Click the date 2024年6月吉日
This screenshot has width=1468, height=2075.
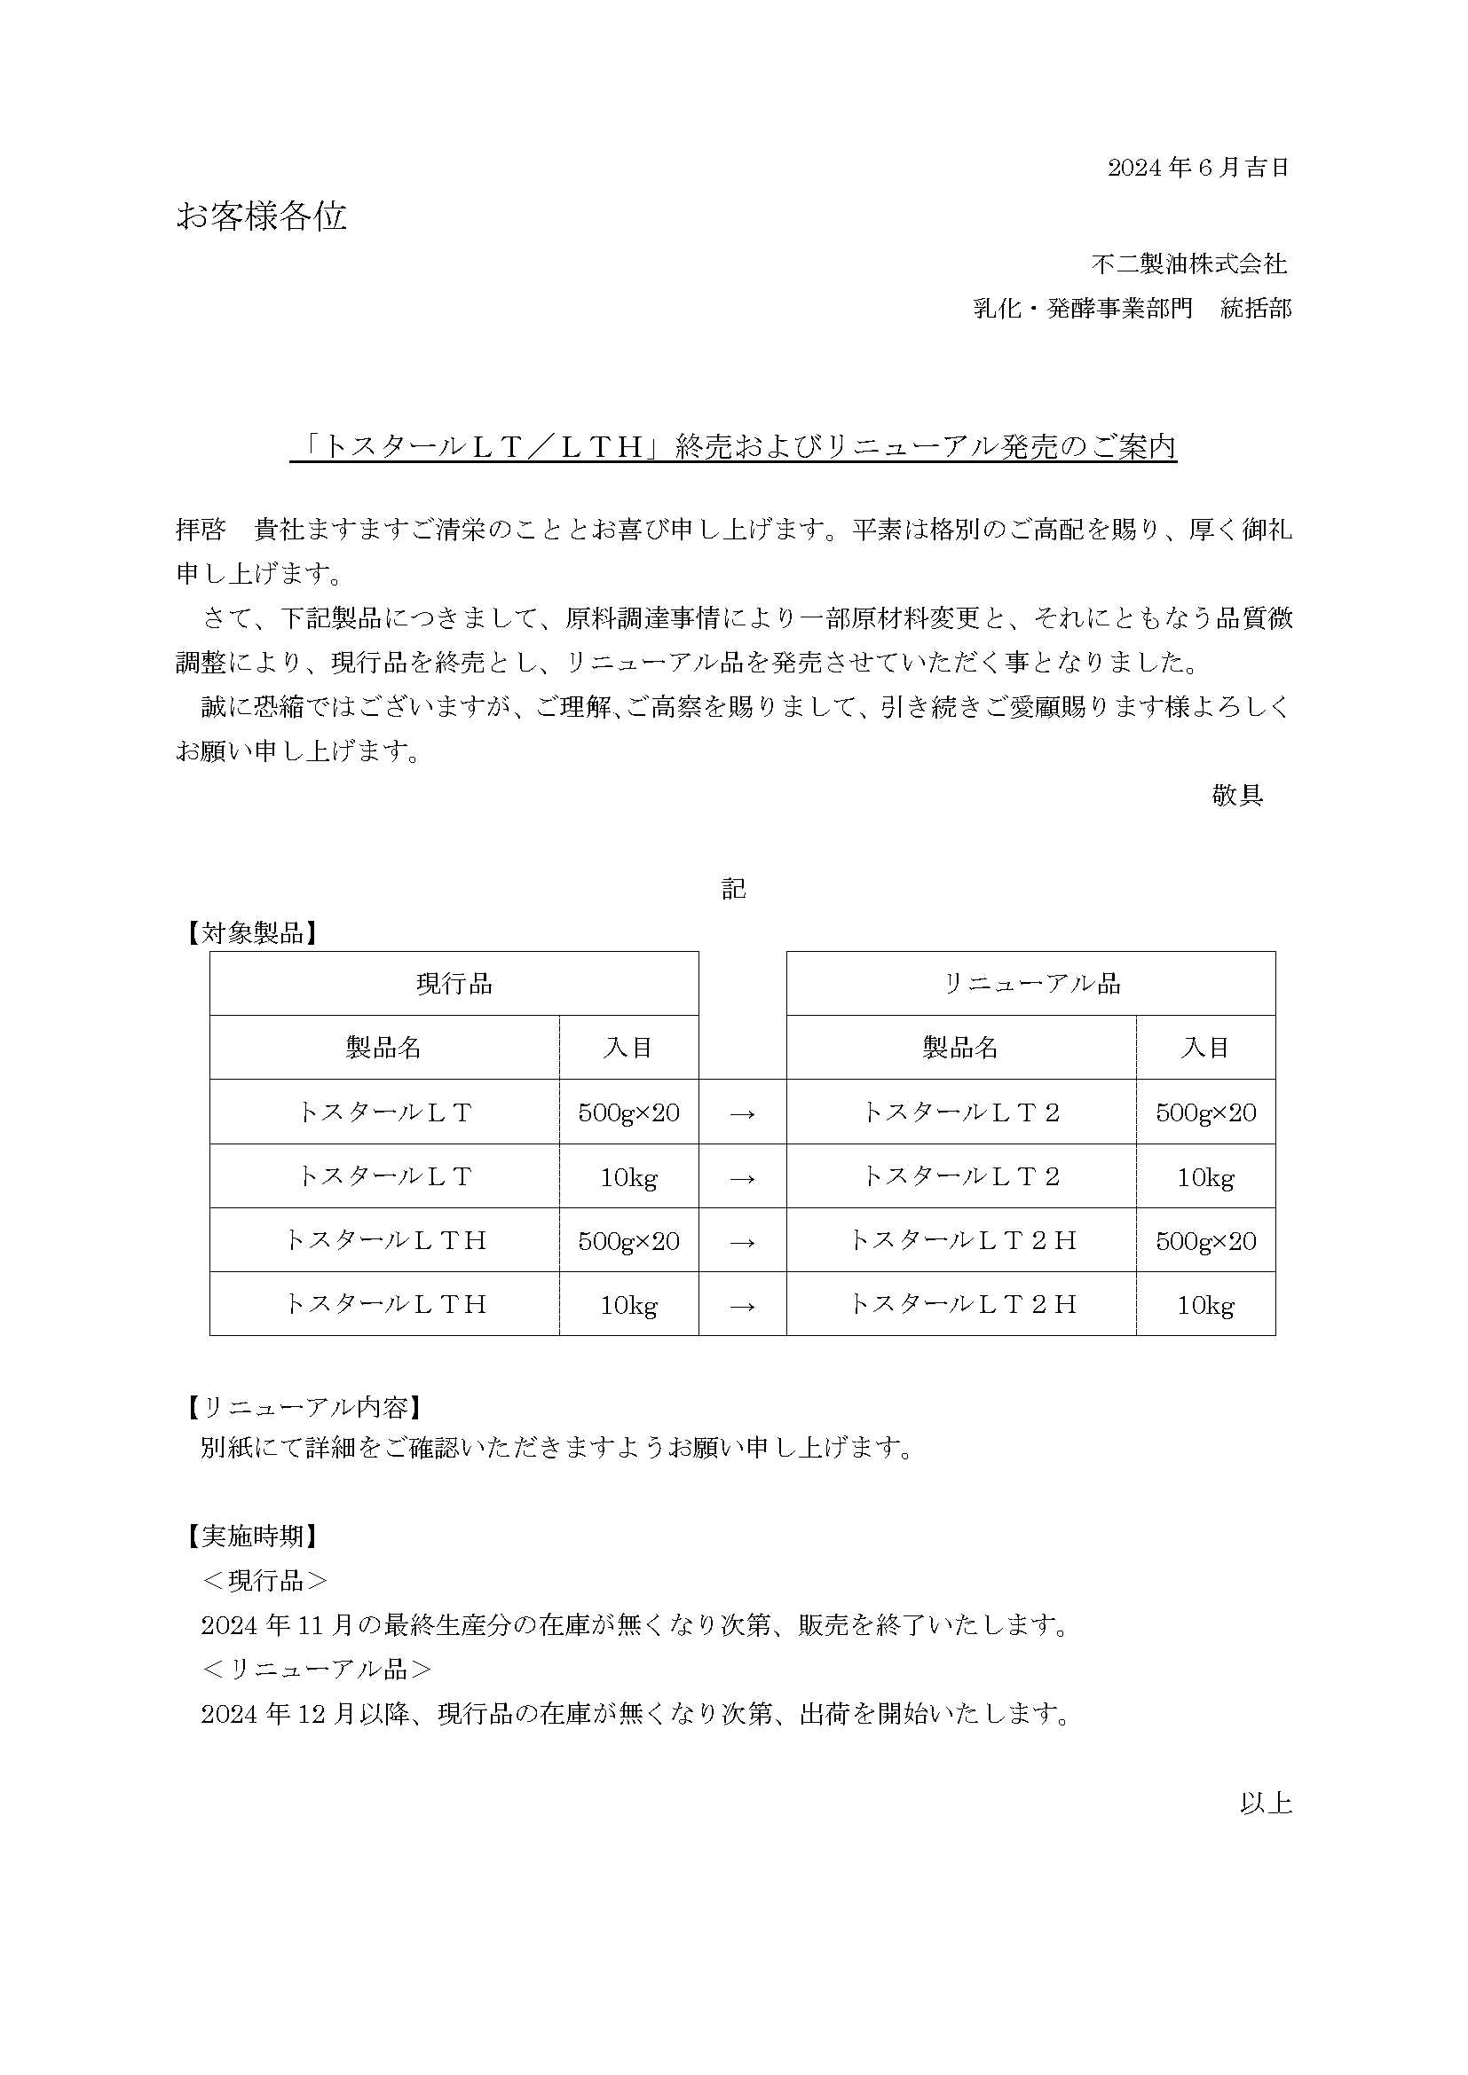click(1197, 167)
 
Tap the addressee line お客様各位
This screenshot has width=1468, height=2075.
click(261, 216)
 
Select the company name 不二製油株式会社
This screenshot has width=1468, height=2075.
click(1188, 263)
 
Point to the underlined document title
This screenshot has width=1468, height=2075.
click(733, 447)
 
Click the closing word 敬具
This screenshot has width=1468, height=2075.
click(1236, 795)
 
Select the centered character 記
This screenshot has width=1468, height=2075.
click(733, 889)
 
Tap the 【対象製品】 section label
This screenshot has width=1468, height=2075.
click(252, 933)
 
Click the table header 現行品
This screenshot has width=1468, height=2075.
click(454, 983)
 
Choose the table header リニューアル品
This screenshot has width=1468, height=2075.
click(1030, 983)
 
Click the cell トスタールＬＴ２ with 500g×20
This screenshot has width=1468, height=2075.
click(961, 1112)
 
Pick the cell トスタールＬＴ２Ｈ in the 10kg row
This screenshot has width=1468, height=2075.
click(961, 1304)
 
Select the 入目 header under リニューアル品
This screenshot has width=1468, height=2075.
click(1205, 1048)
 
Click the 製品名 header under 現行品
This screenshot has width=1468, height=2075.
click(384, 1048)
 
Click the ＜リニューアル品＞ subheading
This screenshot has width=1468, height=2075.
click(316, 1669)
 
